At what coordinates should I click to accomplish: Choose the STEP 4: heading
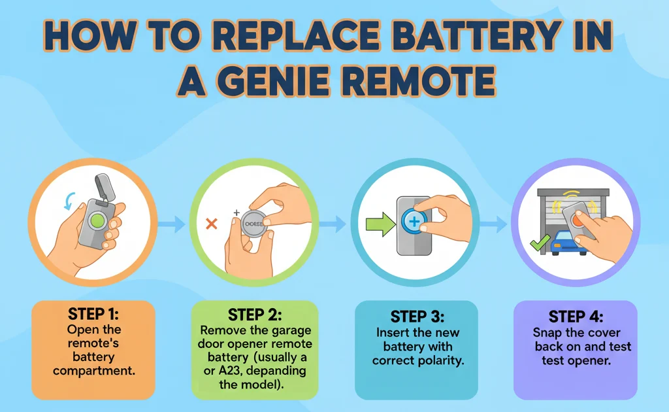(x=575, y=317)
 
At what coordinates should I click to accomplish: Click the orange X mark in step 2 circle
(x=211, y=224)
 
